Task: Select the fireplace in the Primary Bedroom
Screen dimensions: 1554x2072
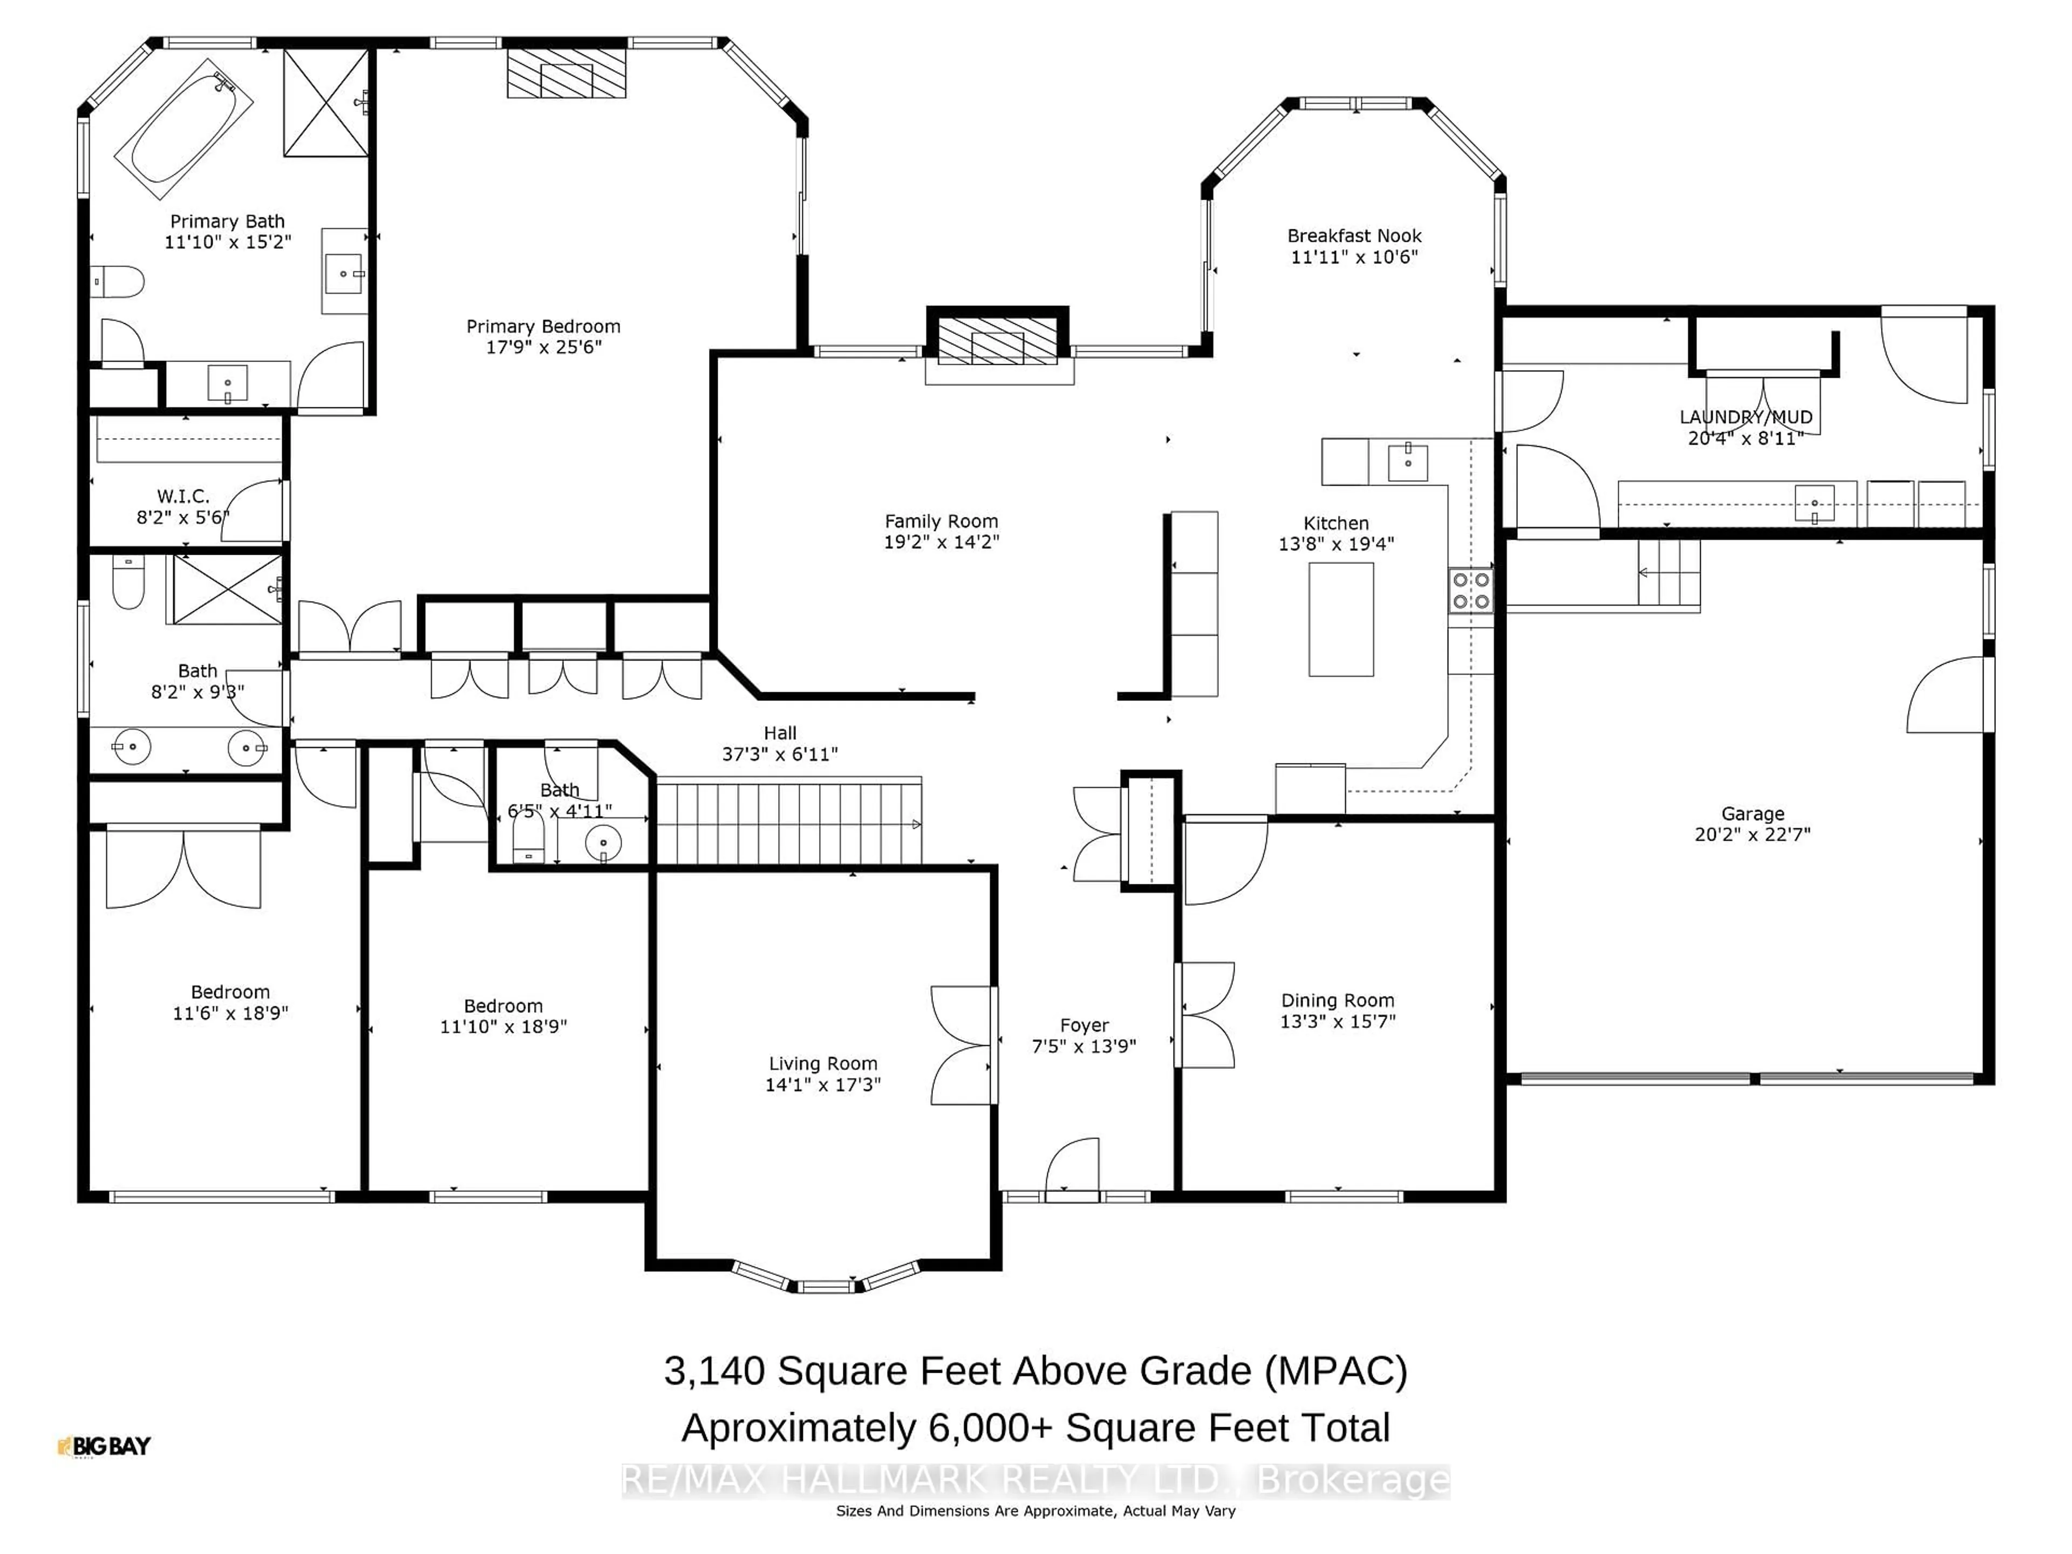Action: (566, 72)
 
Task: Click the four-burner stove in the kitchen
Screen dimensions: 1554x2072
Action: (1470, 590)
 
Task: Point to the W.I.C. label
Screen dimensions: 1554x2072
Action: (183, 495)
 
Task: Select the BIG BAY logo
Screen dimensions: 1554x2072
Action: (104, 1446)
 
